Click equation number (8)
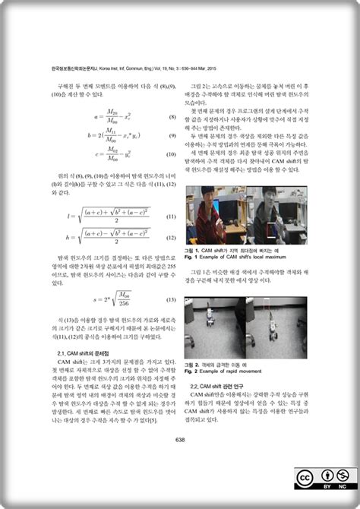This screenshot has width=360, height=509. pos(172,119)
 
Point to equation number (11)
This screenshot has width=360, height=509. pos(172,217)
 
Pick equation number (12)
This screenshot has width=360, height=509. pos(172,239)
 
